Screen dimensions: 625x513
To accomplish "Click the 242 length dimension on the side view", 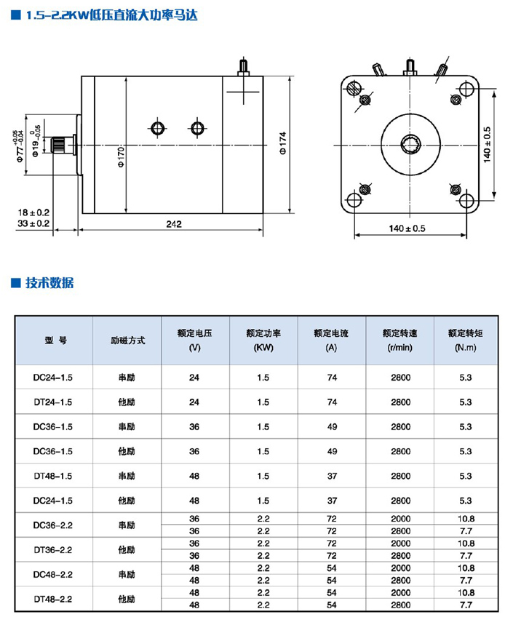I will pyautogui.click(x=173, y=223).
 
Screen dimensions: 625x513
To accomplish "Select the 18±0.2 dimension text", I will pyautogui.click(x=34, y=212).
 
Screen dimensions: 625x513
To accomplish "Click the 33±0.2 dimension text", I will pyautogui.click(x=34, y=223).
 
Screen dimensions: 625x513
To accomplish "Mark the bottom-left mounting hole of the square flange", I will pyautogui.click(x=355, y=199).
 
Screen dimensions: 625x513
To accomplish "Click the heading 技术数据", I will pyautogui.click(x=49, y=283).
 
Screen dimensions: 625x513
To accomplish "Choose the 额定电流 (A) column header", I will pyautogui.click(x=331, y=340).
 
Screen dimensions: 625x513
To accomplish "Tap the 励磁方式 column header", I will pyautogui.click(x=127, y=340).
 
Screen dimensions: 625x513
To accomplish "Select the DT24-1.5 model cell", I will pyautogui.click(x=53, y=402).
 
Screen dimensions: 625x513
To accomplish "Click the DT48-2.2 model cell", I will pyautogui.click(x=53, y=599).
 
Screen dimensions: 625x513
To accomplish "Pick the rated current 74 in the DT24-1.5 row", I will pyautogui.click(x=332, y=402).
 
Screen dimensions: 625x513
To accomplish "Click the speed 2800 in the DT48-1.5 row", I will pyautogui.click(x=400, y=476).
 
